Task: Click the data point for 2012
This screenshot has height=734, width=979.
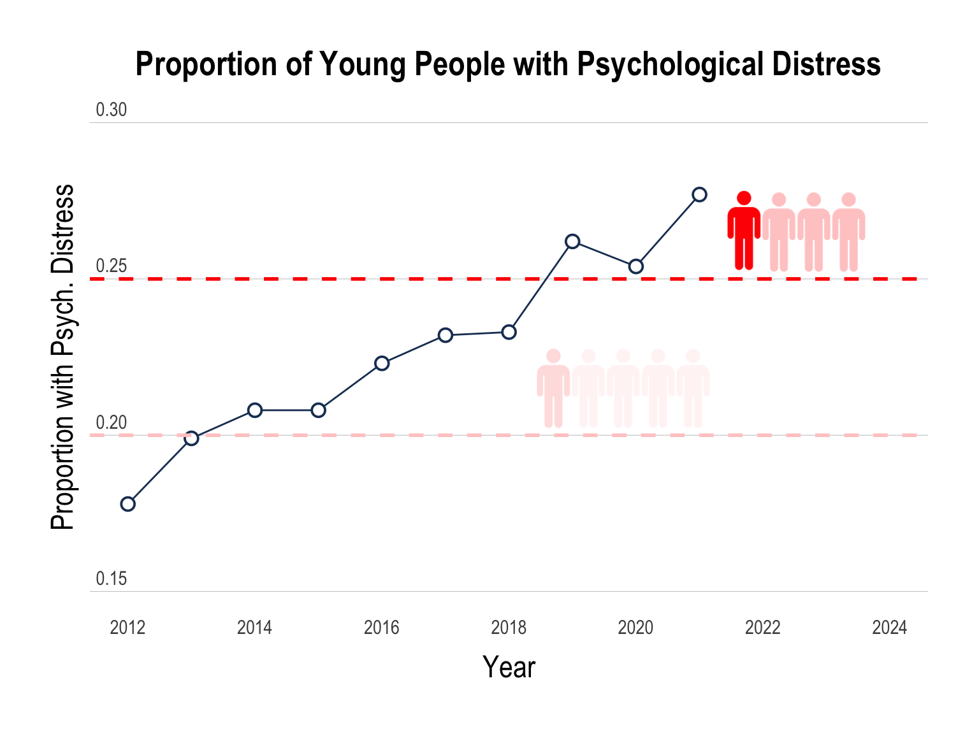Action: [x=127, y=504]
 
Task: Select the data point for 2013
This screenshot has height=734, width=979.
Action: [x=191, y=438]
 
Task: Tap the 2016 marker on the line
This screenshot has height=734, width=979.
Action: [x=382, y=363]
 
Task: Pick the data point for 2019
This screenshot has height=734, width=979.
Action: [x=572, y=241]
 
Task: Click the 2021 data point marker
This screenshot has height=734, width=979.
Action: [x=699, y=194]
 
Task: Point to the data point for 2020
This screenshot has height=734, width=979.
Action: [x=635, y=266]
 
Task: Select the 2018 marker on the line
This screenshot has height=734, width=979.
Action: [x=509, y=332]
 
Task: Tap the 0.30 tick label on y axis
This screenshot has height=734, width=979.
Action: [x=112, y=110]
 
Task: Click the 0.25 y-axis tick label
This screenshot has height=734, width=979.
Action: [x=112, y=266]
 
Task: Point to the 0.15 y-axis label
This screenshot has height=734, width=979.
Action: [x=112, y=579]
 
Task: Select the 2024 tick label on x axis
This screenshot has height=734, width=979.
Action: [x=889, y=628]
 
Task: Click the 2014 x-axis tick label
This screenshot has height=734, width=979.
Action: [x=254, y=628]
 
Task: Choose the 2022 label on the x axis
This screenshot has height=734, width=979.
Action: [x=762, y=628]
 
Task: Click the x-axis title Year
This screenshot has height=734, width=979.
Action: [x=509, y=667]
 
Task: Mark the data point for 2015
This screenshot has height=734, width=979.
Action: [x=319, y=410]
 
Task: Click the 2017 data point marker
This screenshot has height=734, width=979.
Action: [x=446, y=335]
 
